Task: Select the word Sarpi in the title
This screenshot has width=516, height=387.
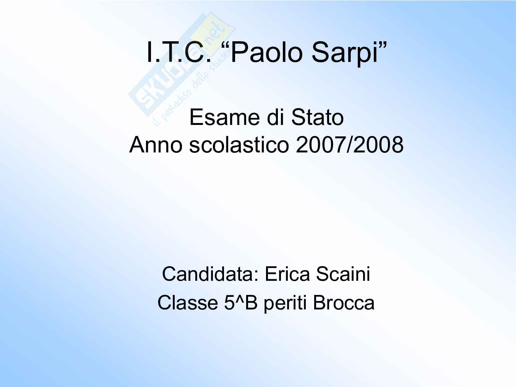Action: pos(344,53)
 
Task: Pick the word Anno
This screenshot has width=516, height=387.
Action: pos(156,144)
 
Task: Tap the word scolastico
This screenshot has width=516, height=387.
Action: pos(239,144)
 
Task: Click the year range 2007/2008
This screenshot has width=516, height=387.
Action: pos(350,144)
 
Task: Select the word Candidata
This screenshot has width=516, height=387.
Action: pos(208,274)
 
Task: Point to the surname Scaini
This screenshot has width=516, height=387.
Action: pos(343,274)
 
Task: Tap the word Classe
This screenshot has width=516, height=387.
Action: pos(188,303)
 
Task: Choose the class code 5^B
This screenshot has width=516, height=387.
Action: pos(241,303)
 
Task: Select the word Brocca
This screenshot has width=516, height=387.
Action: pos(344,303)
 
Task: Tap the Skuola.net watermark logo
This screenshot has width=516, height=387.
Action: pos(182,68)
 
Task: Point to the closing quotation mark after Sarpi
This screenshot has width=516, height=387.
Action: pos(382,45)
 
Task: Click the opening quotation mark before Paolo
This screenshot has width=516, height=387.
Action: pos(226,45)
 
